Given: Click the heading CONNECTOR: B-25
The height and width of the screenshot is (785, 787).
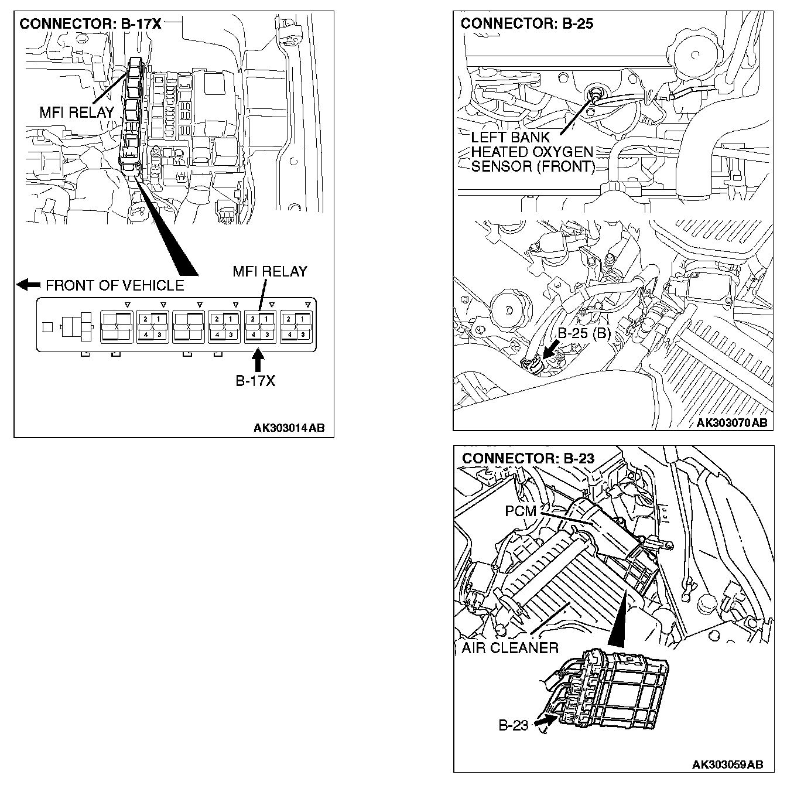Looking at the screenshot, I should coord(526,24).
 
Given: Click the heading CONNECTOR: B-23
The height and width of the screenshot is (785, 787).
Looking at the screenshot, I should coord(528,458).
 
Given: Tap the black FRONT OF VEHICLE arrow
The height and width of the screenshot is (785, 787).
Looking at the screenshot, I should coord(28,285).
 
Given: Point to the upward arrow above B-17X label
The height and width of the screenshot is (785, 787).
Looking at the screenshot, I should coord(257,359).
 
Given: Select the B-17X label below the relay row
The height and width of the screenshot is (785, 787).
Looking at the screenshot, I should coord(255,381).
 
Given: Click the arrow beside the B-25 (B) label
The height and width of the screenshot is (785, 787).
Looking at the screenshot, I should coord(549,350).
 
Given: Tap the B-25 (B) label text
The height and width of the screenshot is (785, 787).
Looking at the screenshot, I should coord(584,334).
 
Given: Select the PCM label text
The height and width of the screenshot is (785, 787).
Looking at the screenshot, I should coord(521,511).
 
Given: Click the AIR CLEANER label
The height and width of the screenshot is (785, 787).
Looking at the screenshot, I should coord(509,648).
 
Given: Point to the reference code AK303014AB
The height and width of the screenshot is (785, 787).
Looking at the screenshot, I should coord(289,428).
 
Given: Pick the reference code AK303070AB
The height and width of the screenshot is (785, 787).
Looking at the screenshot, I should coord(731,423).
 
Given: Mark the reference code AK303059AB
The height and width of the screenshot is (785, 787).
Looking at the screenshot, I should coord(727,764).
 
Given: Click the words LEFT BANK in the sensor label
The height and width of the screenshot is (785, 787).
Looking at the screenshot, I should coord(511,137).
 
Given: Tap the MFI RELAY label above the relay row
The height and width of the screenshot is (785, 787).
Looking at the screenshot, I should coord(269,272).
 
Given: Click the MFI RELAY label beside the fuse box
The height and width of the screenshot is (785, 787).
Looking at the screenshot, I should coord(77,112).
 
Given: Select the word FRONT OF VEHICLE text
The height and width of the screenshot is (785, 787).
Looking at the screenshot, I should coord(115,286).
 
